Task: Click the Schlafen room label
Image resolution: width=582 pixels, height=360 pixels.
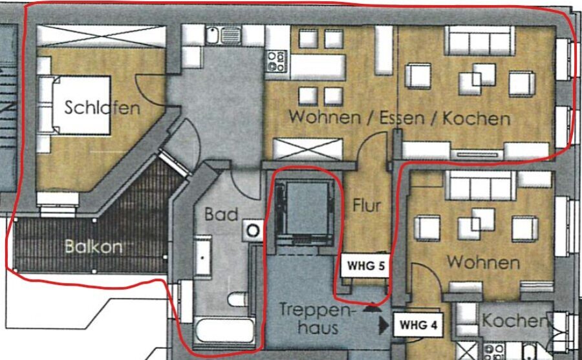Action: tap(102, 107)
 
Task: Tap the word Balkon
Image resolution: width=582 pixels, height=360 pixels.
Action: tap(93, 246)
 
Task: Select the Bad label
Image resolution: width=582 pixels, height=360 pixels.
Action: tap(221, 214)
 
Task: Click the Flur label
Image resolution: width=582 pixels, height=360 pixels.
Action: tap(367, 206)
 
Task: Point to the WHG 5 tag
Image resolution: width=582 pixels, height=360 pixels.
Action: tap(365, 266)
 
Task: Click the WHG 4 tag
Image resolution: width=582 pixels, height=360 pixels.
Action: tap(418, 325)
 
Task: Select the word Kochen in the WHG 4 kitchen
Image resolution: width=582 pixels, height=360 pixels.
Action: tap(515, 321)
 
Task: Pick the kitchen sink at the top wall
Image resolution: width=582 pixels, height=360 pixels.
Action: tap(224, 36)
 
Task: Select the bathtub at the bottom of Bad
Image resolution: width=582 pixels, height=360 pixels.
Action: tap(225, 331)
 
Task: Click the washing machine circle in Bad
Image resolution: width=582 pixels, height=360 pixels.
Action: tap(253, 231)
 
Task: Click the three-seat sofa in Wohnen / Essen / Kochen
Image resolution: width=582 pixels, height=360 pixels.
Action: tap(480, 41)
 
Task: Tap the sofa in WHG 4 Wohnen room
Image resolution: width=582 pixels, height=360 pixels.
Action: tap(480, 185)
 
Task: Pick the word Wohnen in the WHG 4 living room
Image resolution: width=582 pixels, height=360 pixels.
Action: tap(483, 262)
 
